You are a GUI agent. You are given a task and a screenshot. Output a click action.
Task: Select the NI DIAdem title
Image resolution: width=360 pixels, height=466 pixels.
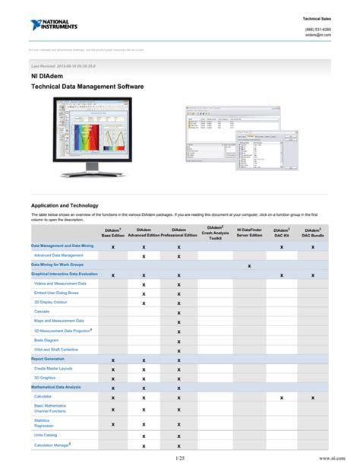coord(46,77)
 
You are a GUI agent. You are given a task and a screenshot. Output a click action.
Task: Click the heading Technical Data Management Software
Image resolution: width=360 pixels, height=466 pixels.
coord(87,87)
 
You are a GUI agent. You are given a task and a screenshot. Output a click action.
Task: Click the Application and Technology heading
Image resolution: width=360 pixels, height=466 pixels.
coord(64,206)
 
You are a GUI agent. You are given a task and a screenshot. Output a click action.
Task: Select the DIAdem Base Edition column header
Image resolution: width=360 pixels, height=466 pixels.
coord(112,232)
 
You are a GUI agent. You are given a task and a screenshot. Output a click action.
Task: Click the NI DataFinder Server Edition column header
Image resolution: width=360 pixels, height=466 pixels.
coord(249,232)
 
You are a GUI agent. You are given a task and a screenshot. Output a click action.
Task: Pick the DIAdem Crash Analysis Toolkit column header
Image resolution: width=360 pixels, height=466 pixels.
coord(215,232)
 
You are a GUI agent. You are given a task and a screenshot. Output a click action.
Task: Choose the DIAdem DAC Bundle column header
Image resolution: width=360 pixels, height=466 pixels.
coord(312,232)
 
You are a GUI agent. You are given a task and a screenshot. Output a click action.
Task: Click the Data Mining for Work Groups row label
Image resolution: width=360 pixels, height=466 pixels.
coord(63,265)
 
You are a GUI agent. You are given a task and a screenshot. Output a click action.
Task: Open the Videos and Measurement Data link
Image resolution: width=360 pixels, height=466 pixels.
coord(61,283)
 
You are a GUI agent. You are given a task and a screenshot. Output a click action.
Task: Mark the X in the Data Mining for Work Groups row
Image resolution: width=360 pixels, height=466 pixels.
coord(249,265)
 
